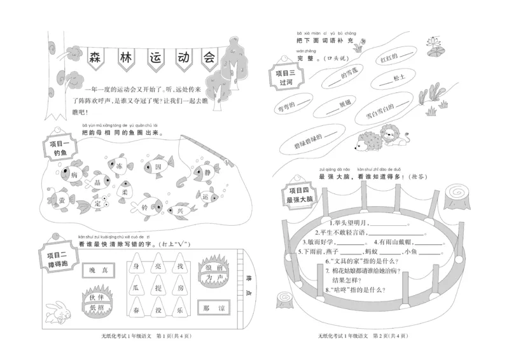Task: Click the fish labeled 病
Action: [x=74, y=174]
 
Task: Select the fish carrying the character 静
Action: [x=206, y=170]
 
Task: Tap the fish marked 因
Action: [x=157, y=167]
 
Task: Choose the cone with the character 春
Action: [x=136, y=310]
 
